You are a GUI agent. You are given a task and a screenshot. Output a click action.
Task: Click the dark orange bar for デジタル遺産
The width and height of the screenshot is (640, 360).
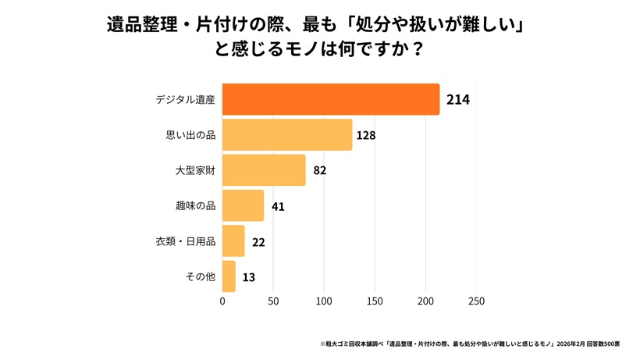pyautogui.click(x=331, y=99)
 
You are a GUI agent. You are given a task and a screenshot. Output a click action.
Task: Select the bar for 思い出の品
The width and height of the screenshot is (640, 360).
pyautogui.click(x=287, y=135)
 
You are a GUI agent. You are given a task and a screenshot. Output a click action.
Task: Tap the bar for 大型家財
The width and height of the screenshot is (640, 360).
pyautogui.click(x=264, y=170)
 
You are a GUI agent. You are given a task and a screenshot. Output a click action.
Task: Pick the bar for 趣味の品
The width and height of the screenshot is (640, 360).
pyautogui.click(x=243, y=206)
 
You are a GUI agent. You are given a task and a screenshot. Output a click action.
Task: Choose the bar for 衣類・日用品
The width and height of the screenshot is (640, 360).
pyautogui.click(x=233, y=241)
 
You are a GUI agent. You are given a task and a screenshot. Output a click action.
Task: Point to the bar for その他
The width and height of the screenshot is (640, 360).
pyautogui.click(x=229, y=276)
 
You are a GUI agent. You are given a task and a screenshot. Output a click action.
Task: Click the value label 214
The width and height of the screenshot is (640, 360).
pyautogui.click(x=457, y=100)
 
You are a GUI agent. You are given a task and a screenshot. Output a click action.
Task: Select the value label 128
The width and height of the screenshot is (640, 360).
pyautogui.click(x=366, y=135)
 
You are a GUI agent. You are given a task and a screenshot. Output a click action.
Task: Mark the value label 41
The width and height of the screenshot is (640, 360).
pyautogui.click(x=277, y=206)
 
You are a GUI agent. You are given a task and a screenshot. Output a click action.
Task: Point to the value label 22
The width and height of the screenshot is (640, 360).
pyautogui.click(x=258, y=242)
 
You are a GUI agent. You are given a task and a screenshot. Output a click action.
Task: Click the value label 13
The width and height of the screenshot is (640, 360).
pyautogui.click(x=248, y=277)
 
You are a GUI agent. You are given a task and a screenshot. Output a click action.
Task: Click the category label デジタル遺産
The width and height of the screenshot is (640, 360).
pyautogui.click(x=185, y=100)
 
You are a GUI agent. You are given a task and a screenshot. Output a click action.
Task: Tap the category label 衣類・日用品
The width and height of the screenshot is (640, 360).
pyautogui.click(x=186, y=241)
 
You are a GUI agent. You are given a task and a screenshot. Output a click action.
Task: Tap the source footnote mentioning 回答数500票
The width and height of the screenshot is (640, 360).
pyautogui.click(x=471, y=343)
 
